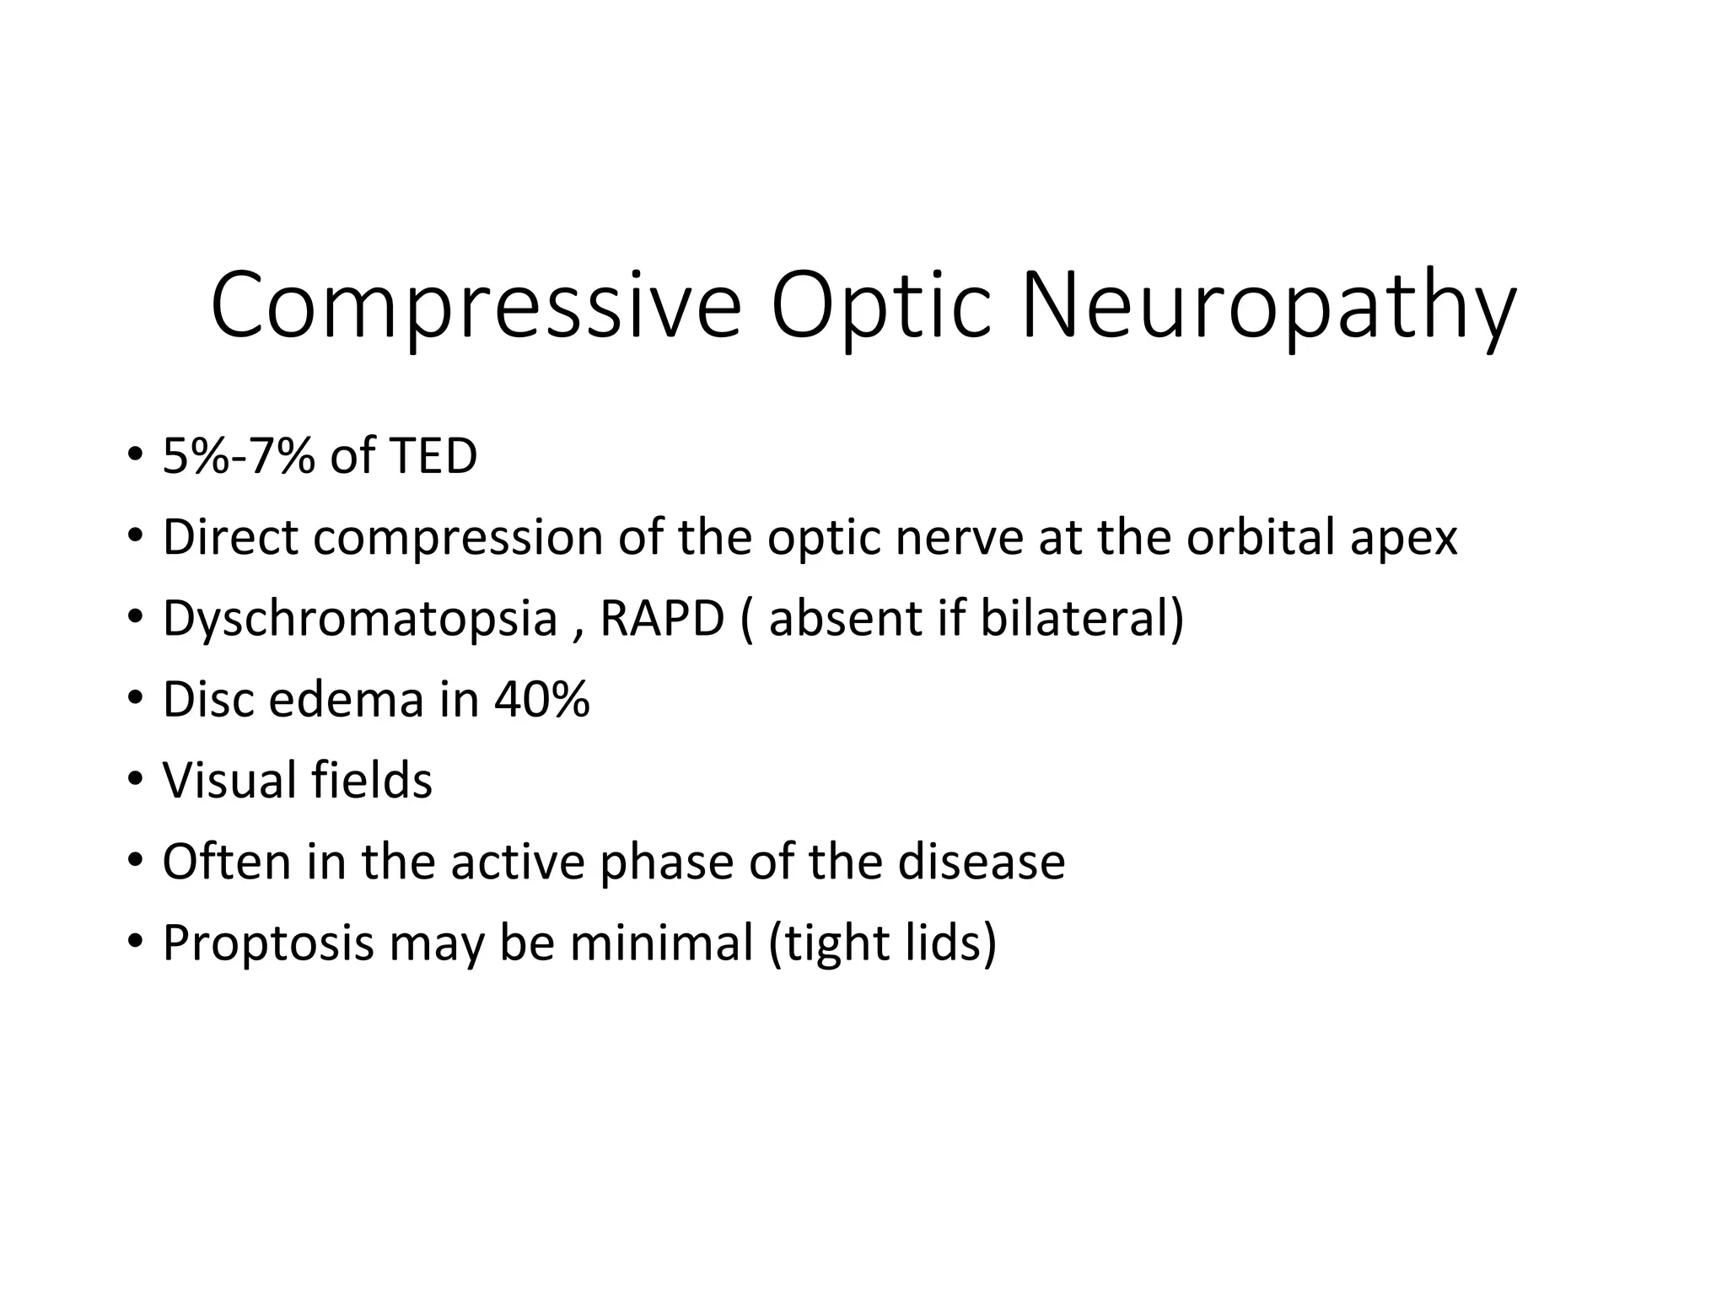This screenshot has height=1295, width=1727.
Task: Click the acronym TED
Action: point(433,456)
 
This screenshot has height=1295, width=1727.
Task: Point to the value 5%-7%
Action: point(239,456)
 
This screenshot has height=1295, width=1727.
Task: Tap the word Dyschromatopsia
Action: point(360,618)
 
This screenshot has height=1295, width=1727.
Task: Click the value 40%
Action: point(541,699)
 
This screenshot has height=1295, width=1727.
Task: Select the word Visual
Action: point(229,780)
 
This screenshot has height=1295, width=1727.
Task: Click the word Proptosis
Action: point(267,943)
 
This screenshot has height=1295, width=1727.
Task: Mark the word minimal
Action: point(661,943)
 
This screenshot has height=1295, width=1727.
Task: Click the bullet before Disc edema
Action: point(134,699)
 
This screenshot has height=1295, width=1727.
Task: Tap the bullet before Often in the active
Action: point(134,862)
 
